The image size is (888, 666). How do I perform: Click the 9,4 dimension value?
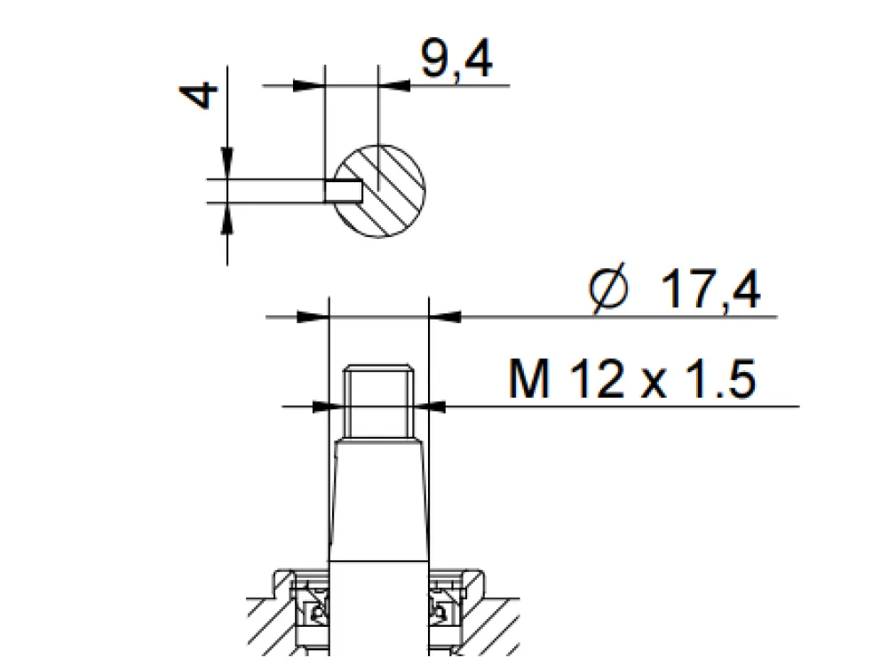(456, 59)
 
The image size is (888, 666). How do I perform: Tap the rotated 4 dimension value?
(198, 95)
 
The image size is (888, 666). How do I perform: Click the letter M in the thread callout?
(529, 378)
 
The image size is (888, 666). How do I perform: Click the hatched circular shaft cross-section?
(379, 191)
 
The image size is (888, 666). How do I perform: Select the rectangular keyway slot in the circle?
(343, 190)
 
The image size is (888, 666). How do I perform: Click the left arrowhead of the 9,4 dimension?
(309, 86)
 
